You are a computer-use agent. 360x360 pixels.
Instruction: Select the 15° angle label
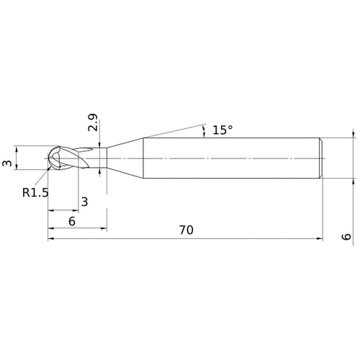point(222,130)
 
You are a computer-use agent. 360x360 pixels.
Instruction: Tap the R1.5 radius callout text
point(35,192)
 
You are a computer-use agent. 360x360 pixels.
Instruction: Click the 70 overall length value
point(186,230)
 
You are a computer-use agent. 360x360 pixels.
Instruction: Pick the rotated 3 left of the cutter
point(8,164)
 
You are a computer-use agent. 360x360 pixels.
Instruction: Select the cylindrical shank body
point(230,157)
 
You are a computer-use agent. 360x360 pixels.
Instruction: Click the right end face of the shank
point(321,157)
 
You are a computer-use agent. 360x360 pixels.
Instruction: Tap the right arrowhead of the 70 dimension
point(318,238)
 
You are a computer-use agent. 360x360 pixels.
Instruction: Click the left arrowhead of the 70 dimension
point(52,238)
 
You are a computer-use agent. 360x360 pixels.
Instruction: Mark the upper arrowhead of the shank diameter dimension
point(353,134)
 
